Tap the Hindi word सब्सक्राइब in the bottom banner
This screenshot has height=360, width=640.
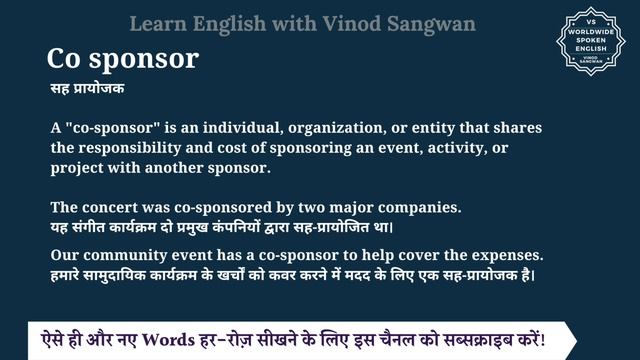[493, 332]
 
